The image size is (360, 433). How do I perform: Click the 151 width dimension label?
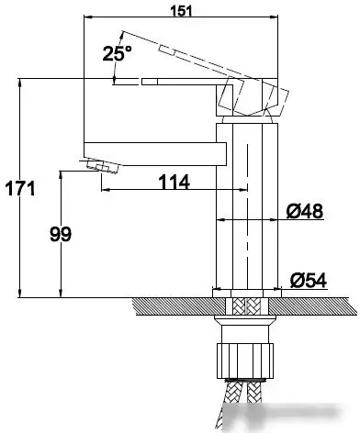[181, 11]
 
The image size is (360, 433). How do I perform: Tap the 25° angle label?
[118, 53]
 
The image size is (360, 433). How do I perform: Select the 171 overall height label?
[20, 188]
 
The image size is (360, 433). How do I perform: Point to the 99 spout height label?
[61, 234]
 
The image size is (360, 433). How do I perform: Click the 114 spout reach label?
[174, 183]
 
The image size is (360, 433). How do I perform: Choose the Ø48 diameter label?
[305, 211]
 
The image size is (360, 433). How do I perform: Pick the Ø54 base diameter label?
[309, 280]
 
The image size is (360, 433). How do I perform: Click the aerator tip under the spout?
[102, 166]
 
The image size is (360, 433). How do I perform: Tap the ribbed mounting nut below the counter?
[245, 361]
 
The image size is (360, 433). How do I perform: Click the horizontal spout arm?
[155, 154]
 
